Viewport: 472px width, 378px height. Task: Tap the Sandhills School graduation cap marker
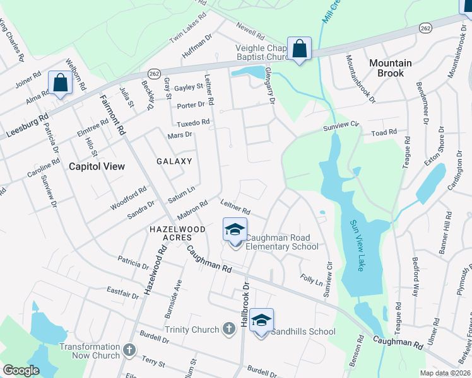[x=261, y=321]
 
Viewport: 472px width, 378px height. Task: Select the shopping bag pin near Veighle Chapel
[x=299, y=49]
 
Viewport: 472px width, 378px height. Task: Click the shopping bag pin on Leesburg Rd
[x=61, y=83]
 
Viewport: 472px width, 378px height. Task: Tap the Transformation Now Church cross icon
[x=129, y=350]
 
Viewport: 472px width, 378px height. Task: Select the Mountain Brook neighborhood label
[x=390, y=68]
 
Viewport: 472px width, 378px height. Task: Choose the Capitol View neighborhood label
[x=97, y=166]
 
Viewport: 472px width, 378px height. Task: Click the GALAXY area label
[x=174, y=161]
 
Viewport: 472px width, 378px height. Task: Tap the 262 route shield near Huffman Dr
[x=153, y=74]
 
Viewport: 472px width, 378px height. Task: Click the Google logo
[x=20, y=370]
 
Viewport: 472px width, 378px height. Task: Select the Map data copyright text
[x=445, y=373]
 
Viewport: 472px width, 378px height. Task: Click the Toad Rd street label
[x=384, y=133]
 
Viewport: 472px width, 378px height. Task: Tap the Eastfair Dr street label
[x=122, y=292]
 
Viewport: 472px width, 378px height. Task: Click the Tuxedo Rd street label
[x=192, y=122]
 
